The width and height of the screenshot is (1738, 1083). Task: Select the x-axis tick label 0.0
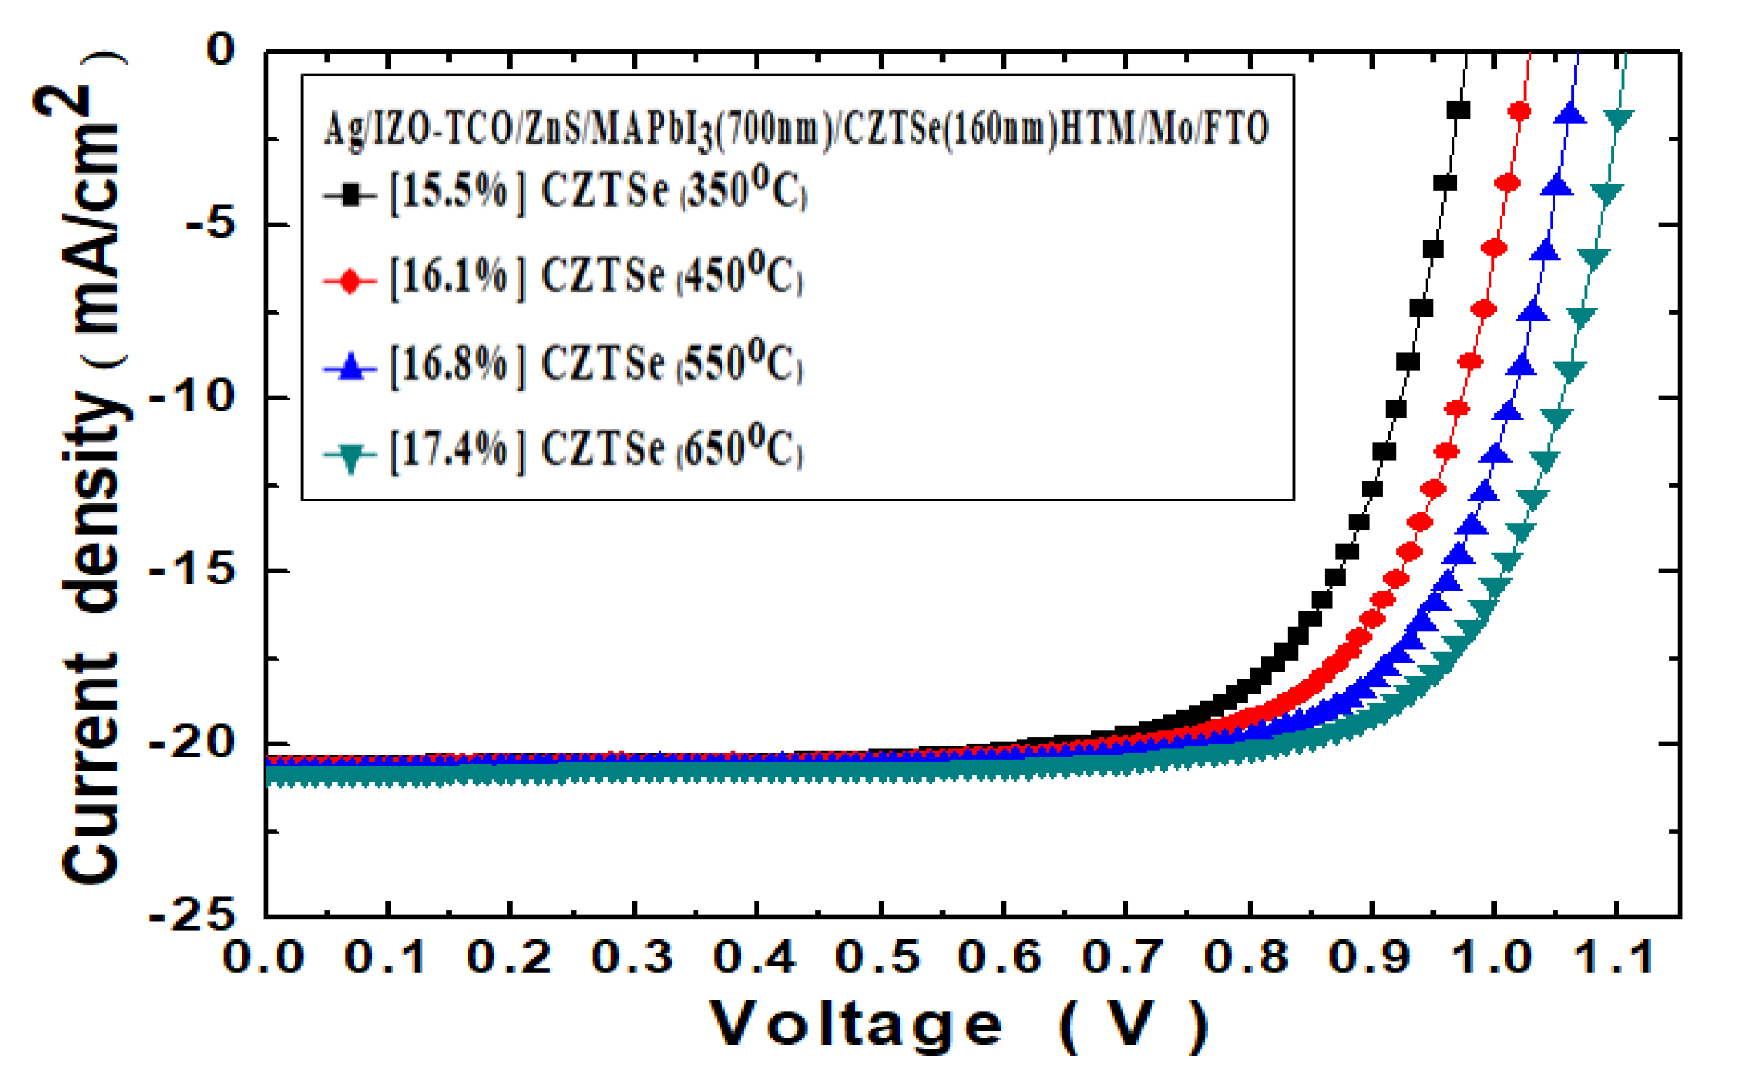[x=264, y=957]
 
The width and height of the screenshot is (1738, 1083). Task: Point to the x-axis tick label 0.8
[x=1247, y=957]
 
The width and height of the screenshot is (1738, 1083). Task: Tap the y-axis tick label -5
[x=210, y=224]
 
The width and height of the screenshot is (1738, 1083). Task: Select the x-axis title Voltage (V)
[x=959, y=1026]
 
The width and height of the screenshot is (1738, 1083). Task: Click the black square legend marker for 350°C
[x=350, y=194]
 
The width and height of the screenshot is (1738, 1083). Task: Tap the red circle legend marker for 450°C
[x=350, y=281]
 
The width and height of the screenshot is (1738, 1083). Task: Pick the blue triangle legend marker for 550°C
[x=350, y=367]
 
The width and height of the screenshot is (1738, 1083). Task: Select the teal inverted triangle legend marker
[x=350, y=456]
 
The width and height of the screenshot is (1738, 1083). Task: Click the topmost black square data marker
[x=1458, y=111]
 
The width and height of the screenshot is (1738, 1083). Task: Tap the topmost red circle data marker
[x=1519, y=111]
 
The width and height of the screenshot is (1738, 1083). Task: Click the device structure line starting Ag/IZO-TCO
[x=795, y=129]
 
